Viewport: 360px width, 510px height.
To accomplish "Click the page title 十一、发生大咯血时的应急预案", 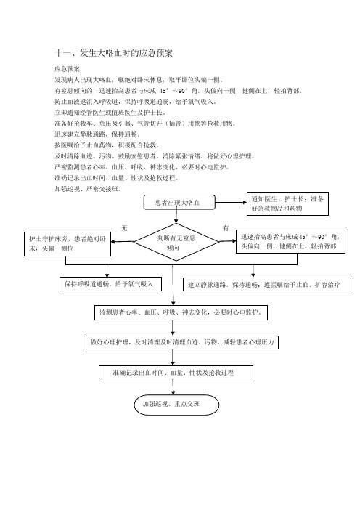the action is (113, 53).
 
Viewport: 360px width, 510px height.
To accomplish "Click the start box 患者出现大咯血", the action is (179, 202).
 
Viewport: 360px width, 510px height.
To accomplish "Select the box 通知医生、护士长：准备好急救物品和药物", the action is (287, 203).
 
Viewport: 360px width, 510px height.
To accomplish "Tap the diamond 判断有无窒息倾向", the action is (176, 243).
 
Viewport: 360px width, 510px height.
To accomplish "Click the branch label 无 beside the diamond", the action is (124, 228).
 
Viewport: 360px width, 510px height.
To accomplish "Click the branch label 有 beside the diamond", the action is (226, 228).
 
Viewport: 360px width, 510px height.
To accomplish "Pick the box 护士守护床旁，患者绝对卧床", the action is (67, 244).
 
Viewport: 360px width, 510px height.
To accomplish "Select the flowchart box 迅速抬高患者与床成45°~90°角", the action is (290, 241).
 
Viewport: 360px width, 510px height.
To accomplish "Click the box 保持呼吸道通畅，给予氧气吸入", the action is (110, 284).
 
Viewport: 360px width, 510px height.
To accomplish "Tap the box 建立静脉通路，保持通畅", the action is (267, 285).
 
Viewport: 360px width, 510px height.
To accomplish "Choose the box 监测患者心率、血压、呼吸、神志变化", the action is (181, 312).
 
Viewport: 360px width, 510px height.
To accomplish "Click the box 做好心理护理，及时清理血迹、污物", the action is (182, 342).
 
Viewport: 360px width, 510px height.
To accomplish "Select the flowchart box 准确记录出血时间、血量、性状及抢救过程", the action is (176, 373).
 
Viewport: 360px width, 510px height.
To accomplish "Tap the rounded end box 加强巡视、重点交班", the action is (176, 405).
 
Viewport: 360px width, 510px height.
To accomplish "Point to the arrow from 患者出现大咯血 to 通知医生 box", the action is (231, 202).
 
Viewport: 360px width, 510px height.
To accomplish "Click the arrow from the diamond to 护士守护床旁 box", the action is (122, 242).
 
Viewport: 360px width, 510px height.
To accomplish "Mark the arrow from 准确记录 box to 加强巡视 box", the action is (173, 387).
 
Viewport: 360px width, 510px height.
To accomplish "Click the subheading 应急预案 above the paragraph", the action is (67, 69).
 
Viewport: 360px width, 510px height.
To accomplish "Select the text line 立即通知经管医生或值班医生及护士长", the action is (110, 113).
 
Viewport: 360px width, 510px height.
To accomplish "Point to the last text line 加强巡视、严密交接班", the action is (88, 189).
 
